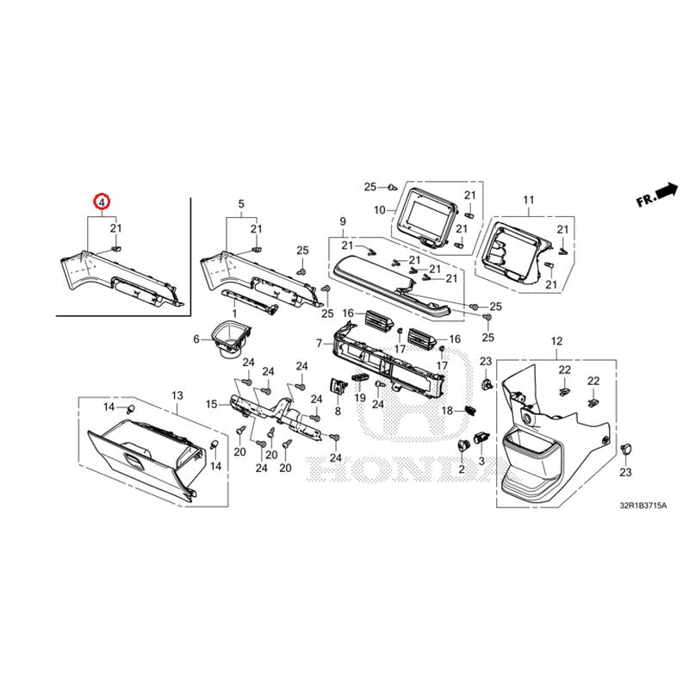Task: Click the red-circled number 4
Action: coord(102,202)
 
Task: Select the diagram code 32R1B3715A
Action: coord(643,506)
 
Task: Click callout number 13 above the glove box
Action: coord(177,395)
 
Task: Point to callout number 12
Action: coord(556,341)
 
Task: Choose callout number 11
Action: coord(529,200)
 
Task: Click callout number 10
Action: coord(379,210)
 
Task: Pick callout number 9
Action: coord(343,221)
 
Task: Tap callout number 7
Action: coord(320,343)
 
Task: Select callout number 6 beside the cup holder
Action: coord(196,338)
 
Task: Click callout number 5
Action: coord(241,204)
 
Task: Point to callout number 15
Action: coord(211,404)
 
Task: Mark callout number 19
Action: coord(360,398)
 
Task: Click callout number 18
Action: coord(447,411)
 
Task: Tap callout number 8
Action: coord(338,412)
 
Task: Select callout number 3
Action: coord(481,461)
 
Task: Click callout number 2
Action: coord(462,469)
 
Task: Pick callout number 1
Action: coord(234,313)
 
